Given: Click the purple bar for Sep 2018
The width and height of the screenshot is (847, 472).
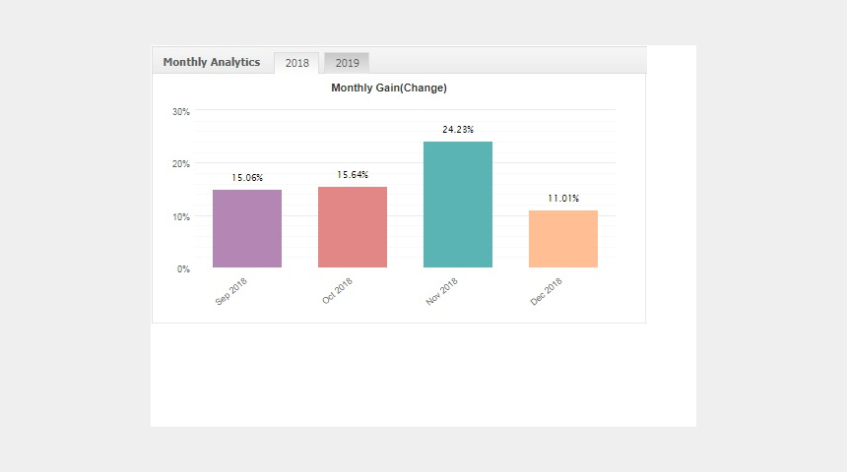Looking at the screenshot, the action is click(x=247, y=229).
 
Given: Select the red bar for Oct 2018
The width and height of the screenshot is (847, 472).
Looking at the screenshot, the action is click(x=353, y=227).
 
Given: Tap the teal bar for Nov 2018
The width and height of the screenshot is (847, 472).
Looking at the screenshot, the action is click(x=458, y=205).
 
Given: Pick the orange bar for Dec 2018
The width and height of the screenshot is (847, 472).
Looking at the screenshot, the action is click(x=563, y=239).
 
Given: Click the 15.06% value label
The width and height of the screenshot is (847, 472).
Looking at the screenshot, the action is click(x=247, y=177).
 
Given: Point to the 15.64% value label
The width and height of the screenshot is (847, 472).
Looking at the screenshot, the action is click(x=353, y=175).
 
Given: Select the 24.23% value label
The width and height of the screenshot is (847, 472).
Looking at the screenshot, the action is click(x=458, y=130).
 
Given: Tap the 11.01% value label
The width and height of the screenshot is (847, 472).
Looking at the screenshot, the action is click(x=563, y=199).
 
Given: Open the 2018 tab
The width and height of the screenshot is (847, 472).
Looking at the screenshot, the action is click(x=297, y=63).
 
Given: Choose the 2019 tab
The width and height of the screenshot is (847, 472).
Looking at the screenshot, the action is click(x=347, y=63).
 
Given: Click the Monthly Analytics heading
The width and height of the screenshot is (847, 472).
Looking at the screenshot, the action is click(x=211, y=62).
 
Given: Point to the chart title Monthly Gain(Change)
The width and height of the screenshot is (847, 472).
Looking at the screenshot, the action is click(x=389, y=88).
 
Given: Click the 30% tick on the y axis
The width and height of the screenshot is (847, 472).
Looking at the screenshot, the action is click(x=181, y=112).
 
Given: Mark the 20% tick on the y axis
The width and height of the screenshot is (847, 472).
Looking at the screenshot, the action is click(x=181, y=164).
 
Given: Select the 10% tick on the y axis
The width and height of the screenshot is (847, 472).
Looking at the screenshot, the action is click(x=181, y=217).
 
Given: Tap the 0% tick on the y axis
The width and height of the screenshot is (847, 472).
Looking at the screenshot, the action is click(x=183, y=269).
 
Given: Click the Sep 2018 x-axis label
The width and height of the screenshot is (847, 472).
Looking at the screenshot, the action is click(x=231, y=291).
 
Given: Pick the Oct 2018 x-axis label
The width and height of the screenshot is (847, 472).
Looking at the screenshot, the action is click(x=337, y=291).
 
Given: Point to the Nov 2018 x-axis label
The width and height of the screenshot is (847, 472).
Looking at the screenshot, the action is click(x=442, y=291).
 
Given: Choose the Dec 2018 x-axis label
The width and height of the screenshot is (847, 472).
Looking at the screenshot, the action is click(x=547, y=291).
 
